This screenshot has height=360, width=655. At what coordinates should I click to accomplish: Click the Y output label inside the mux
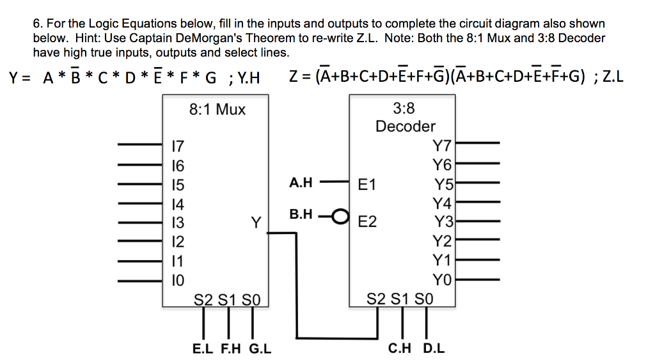point(256,223)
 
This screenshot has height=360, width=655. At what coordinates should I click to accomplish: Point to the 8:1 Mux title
point(217,109)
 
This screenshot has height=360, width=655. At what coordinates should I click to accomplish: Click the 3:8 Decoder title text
point(405,117)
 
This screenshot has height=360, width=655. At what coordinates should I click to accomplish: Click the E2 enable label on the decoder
point(368,223)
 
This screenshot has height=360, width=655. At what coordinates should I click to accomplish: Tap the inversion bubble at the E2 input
point(342,215)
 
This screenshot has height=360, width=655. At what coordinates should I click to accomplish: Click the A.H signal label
point(301,182)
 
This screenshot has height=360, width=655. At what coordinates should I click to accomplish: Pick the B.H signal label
point(301,214)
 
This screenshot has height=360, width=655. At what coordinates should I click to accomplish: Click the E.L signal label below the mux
point(204,348)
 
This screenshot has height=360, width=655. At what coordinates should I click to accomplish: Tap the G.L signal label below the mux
point(259,348)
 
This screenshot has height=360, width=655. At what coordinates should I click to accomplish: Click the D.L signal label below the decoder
point(434,348)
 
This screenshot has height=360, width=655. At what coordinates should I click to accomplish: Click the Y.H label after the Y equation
point(248,79)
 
